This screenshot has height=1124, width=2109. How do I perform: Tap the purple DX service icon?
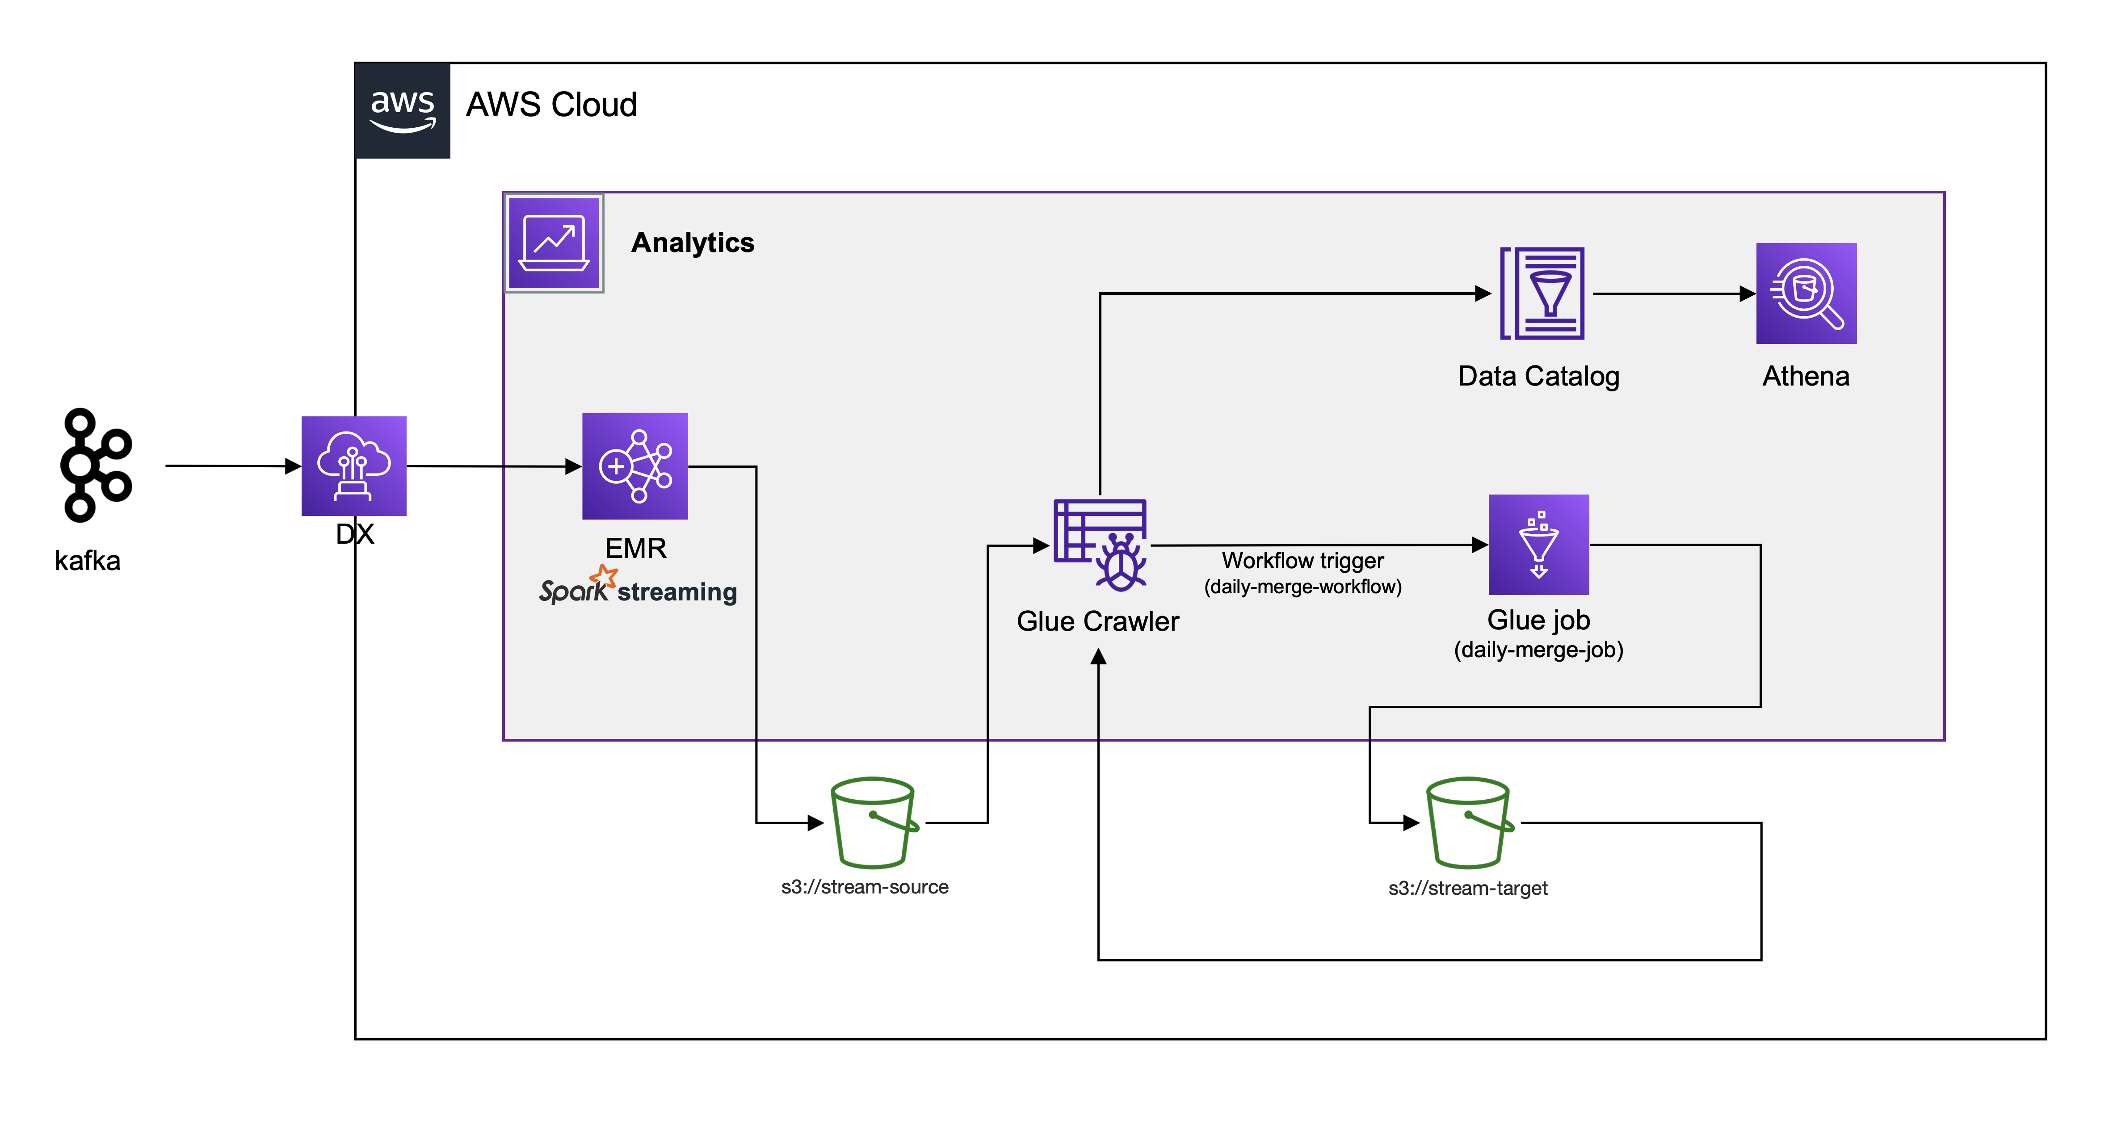354,466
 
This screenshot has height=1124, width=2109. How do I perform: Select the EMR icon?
634,466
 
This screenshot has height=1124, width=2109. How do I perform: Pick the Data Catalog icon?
1542,293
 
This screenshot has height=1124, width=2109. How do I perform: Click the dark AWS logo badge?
402,110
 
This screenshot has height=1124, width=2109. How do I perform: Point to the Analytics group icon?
554,242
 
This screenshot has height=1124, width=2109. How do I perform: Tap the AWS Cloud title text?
551,105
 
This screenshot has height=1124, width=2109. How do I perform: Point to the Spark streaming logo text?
637,588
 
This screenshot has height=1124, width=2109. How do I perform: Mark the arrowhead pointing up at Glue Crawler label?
1099,657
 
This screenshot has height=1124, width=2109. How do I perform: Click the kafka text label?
88,561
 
